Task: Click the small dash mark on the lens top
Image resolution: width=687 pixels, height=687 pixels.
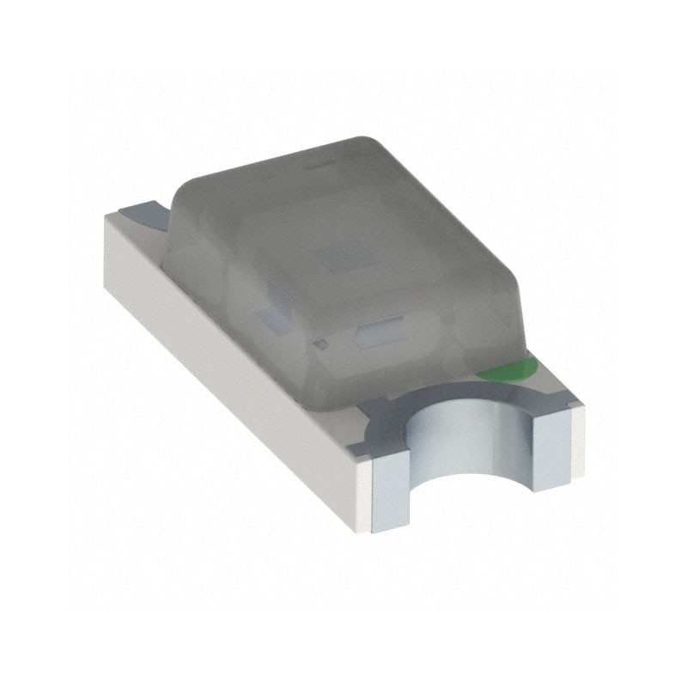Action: [319, 161]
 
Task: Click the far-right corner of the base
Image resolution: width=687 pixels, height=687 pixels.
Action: [584, 412]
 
